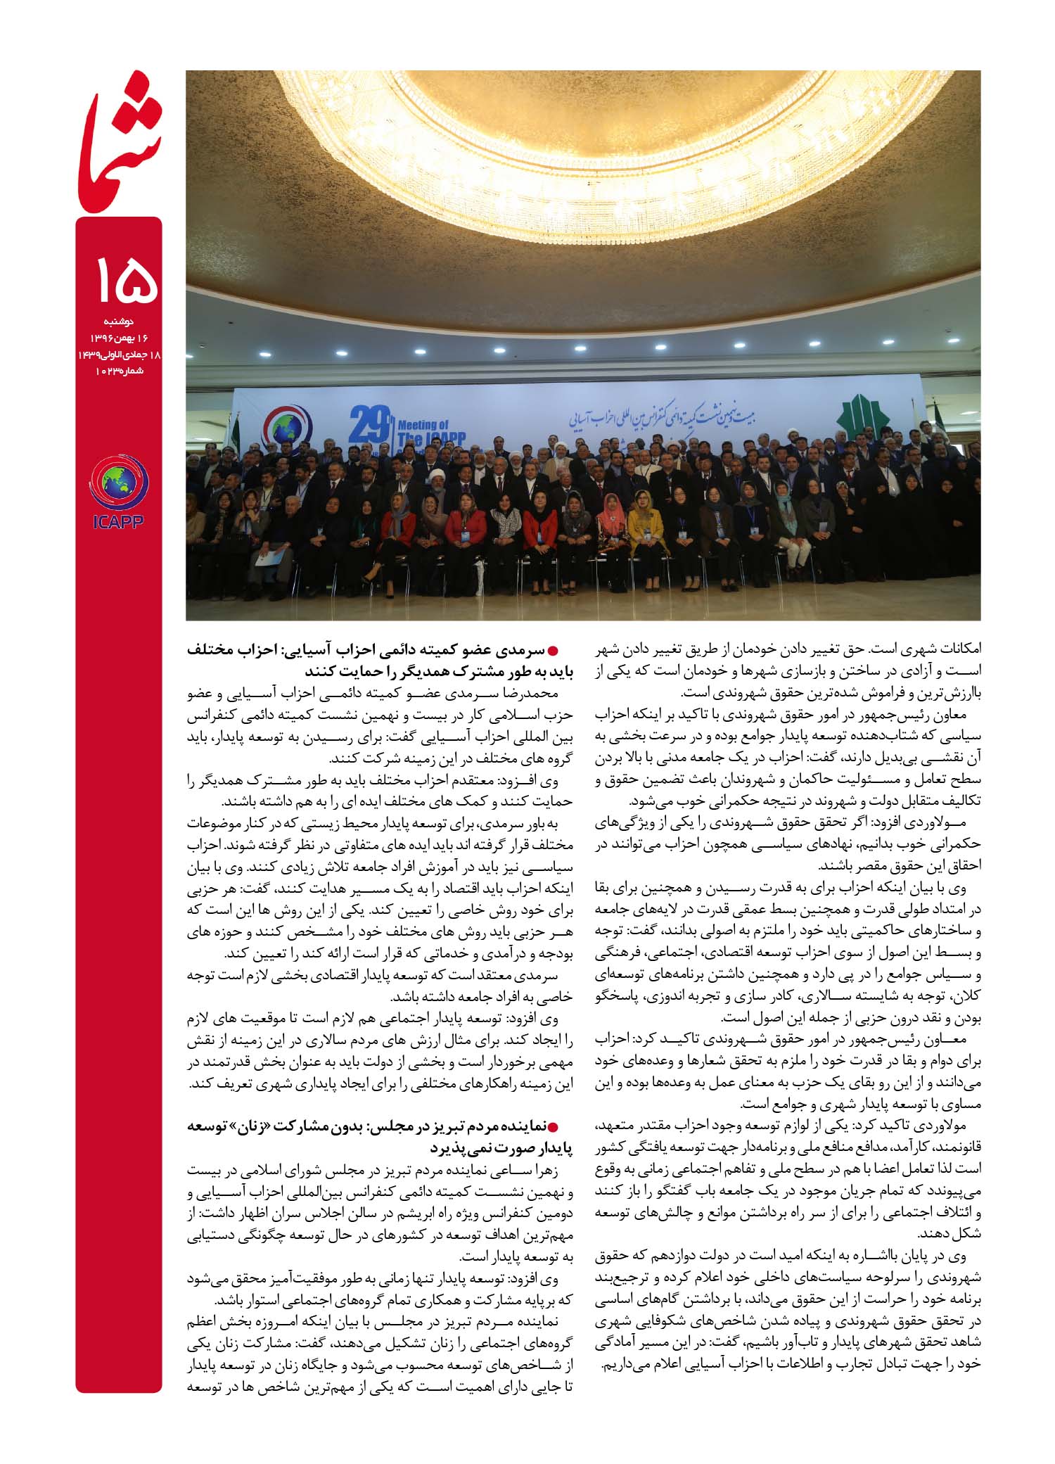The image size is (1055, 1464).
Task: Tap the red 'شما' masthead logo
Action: coord(120,141)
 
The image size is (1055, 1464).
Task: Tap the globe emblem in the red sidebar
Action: coord(119,481)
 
